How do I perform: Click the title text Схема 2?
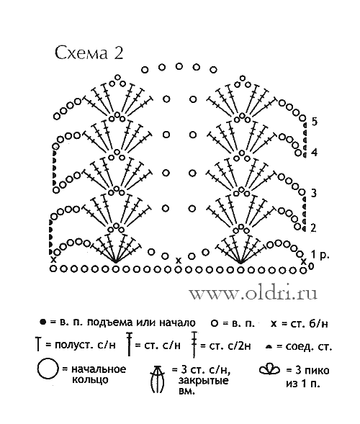[x=89, y=53]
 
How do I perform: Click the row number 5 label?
[x=314, y=122]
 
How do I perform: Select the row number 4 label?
[x=314, y=153]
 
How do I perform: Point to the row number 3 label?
[x=313, y=194]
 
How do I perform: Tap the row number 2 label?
[x=313, y=228]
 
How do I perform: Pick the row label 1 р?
[x=320, y=255]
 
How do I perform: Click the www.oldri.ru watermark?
[x=253, y=293]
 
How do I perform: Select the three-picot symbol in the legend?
[x=269, y=369]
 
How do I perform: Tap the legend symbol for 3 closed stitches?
[x=158, y=379]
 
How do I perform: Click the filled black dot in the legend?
[x=42, y=322]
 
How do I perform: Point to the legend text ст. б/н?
[x=305, y=323]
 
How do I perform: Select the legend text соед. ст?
[x=309, y=346]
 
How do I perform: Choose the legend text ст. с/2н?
[x=230, y=346]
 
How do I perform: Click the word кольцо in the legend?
[x=90, y=380]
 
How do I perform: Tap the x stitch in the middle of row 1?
[x=178, y=261]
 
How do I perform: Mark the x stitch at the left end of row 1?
[x=53, y=260]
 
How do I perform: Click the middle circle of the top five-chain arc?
[x=179, y=66]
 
